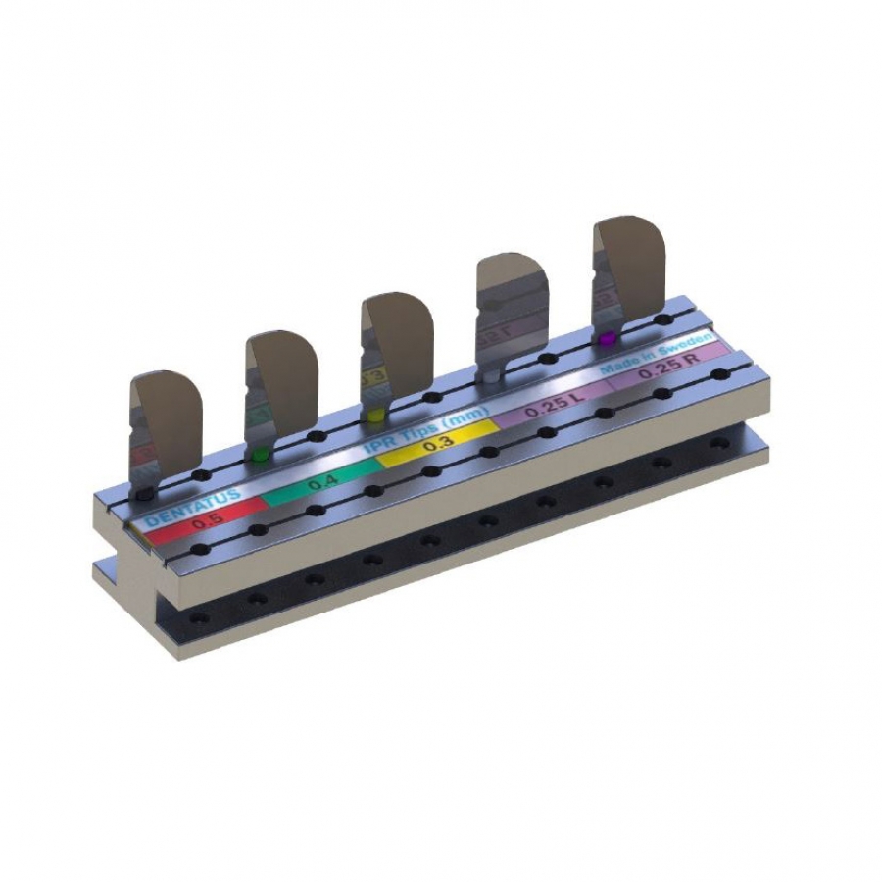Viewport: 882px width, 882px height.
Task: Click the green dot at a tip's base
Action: coord(259,456)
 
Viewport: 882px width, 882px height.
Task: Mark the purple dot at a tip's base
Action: coord(608,339)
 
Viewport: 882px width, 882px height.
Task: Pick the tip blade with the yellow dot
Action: coord(398,338)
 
